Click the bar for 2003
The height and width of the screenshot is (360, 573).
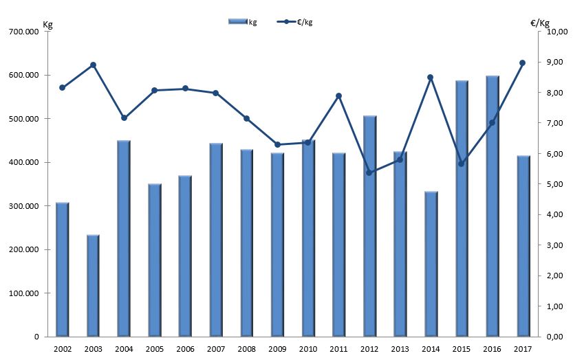click(93, 285)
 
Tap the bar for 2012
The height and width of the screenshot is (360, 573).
click(369, 226)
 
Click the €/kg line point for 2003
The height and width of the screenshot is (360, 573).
click(93, 65)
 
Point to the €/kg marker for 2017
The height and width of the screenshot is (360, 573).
click(522, 63)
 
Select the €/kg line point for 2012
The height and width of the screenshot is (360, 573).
click(369, 172)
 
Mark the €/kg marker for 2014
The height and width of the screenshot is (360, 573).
click(431, 78)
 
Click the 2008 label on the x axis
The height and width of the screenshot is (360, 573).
click(246, 349)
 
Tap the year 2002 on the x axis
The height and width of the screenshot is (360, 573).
click(62, 349)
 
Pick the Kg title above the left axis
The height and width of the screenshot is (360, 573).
click(47, 25)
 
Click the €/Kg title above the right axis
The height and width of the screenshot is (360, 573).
click(540, 23)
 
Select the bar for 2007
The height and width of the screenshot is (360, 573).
click(216, 240)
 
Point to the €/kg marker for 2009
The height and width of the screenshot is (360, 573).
click(277, 144)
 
